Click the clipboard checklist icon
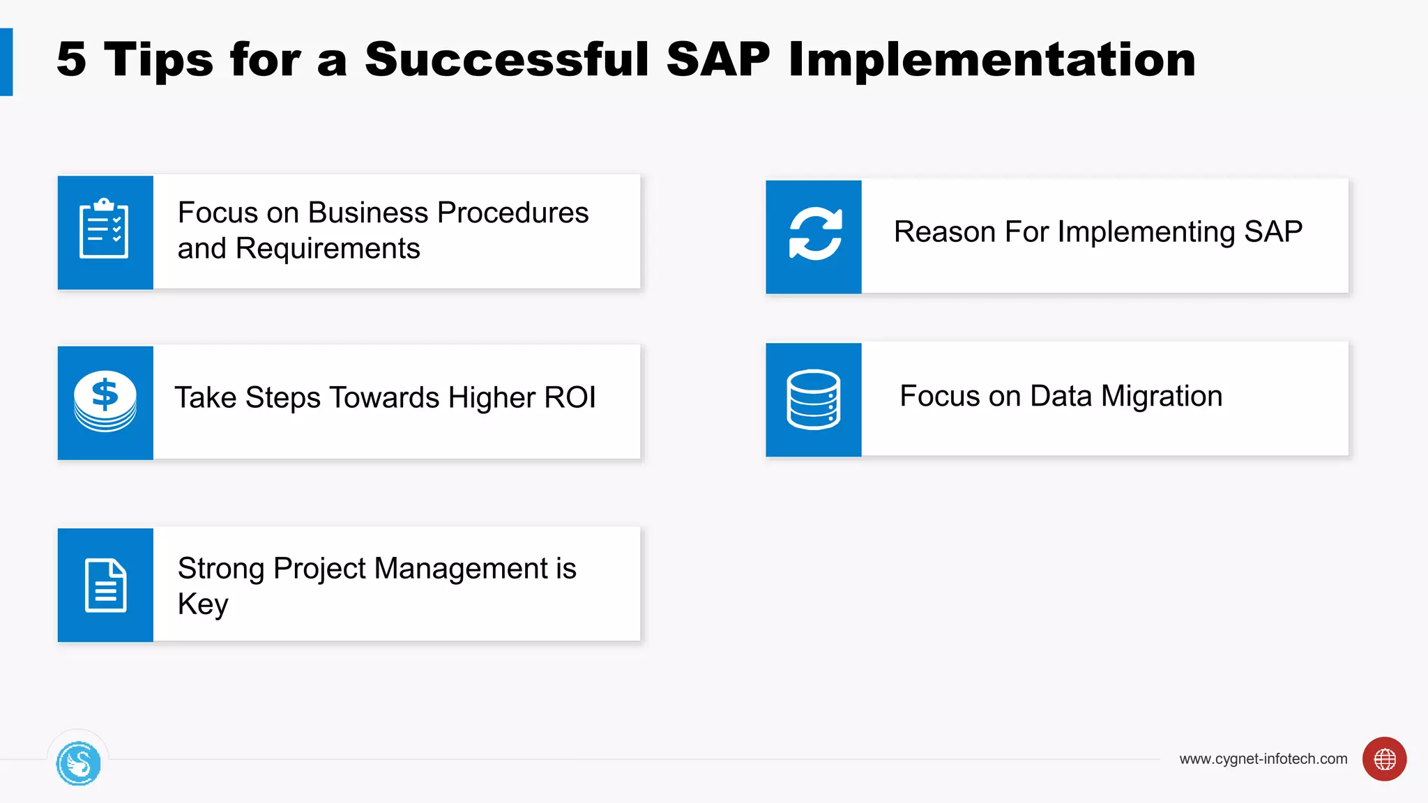tap(105, 229)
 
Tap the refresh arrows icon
tap(814, 234)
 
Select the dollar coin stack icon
tap(105, 401)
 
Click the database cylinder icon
tap(813, 399)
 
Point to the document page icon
tap(105, 586)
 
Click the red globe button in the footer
tap(1384, 759)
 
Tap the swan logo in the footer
tap(78, 763)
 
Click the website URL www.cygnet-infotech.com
tap(1263, 759)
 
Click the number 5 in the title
tap(71, 60)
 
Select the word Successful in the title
tap(507, 60)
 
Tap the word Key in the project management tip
tap(202, 604)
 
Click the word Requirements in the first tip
tap(328, 249)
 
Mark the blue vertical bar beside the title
tap(6, 61)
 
